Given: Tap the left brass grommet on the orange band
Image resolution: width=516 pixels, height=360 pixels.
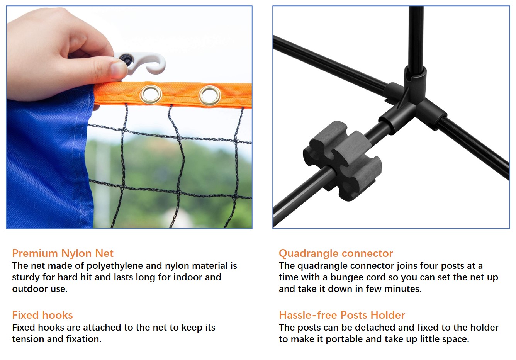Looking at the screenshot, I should [151, 94].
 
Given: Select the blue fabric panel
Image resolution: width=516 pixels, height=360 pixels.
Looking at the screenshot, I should [46, 162].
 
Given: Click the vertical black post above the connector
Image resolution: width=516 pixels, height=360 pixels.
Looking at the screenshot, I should [416, 35].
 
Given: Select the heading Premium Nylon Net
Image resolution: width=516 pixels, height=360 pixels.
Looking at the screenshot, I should [63, 253].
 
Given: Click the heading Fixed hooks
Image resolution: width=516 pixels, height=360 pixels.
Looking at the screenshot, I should [42, 315].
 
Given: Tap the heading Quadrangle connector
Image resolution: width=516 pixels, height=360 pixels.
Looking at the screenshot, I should [336, 253].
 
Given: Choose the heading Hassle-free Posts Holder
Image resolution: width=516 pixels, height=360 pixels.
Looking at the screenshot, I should [342, 315].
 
